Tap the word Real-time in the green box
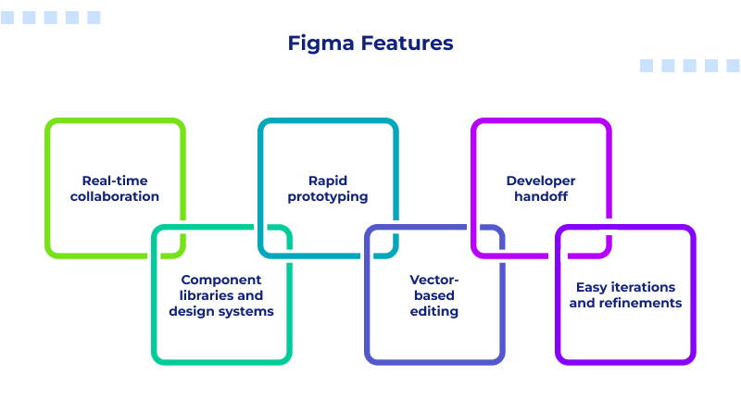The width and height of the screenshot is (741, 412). click(115, 181)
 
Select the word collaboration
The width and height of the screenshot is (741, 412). click(115, 196)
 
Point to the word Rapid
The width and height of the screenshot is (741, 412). click(328, 181)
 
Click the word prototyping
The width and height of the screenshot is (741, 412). click(328, 196)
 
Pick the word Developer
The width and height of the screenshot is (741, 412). click(541, 181)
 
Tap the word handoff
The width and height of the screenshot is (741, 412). click(541, 196)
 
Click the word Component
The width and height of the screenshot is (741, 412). click(221, 280)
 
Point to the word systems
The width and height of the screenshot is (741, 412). click(245, 311)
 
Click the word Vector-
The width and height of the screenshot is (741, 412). click(434, 280)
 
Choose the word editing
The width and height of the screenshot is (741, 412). click(434, 311)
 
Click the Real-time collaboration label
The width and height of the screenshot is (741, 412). click(115, 189)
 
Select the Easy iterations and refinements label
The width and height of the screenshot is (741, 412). click(625, 295)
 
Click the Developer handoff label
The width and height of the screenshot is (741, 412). click(541, 189)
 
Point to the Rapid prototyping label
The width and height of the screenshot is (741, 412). click(328, 189)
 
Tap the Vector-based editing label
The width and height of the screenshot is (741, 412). click(434, 295)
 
